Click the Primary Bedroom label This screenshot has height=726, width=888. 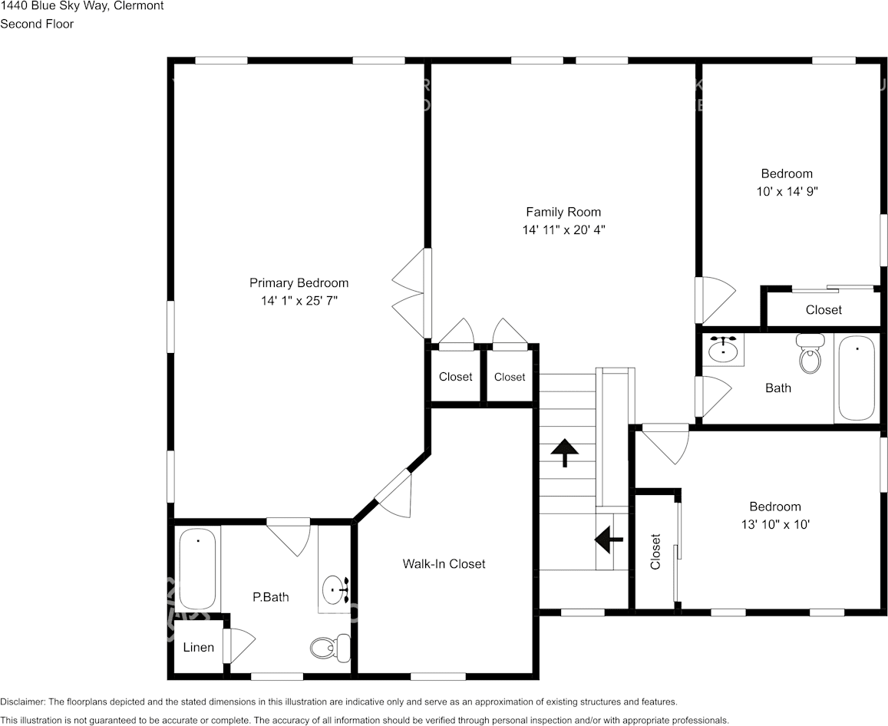299,283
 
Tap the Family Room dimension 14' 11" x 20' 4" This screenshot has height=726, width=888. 563,229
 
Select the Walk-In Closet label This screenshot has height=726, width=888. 444,564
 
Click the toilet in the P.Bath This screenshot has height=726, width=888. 329,648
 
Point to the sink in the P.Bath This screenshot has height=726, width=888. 336,590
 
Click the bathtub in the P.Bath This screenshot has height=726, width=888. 198,569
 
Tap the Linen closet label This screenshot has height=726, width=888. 198,647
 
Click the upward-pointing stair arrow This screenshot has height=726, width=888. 566,452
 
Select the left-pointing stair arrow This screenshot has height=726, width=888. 610,540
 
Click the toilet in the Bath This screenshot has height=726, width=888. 809,354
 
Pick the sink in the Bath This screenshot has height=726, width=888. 723,350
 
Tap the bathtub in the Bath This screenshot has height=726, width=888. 856,378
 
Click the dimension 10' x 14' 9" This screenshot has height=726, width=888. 786,191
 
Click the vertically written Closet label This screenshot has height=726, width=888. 655,552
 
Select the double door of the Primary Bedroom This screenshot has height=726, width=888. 410,292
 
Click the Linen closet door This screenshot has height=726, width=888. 238,646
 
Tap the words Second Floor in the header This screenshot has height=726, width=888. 37,24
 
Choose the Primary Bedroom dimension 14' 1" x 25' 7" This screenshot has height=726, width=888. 299,301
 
